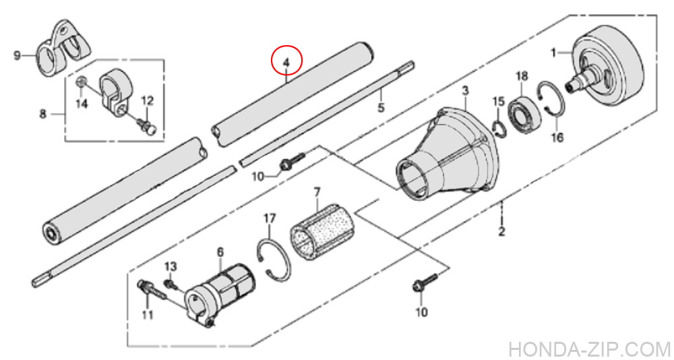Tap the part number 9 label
pyautogui.click(x=18, y=55)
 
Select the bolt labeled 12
pyautogui.click(x=147, y=125)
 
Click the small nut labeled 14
pyautogui.click(x=82, y=82)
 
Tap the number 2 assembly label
pyautogui.click(x=501, y=232)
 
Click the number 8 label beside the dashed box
pyautogui.click(x=43, y=115)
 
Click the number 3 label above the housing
pyautogui.click(x=466, y=91)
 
